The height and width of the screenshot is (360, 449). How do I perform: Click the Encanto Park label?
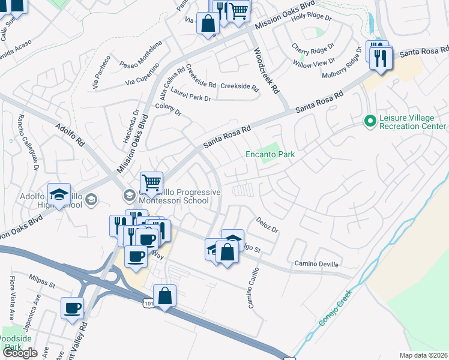(270, 154)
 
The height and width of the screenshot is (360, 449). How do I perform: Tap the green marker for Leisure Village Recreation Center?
(370, 121)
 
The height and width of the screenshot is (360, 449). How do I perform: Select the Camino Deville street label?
(316, 264)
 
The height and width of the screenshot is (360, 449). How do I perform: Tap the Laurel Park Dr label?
(191, 94)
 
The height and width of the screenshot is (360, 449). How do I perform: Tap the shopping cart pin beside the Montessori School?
(152, 182)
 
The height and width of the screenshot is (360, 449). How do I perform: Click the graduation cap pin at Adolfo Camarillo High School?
(59, 194)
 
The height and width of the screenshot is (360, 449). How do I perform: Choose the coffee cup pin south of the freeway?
(73, 308)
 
